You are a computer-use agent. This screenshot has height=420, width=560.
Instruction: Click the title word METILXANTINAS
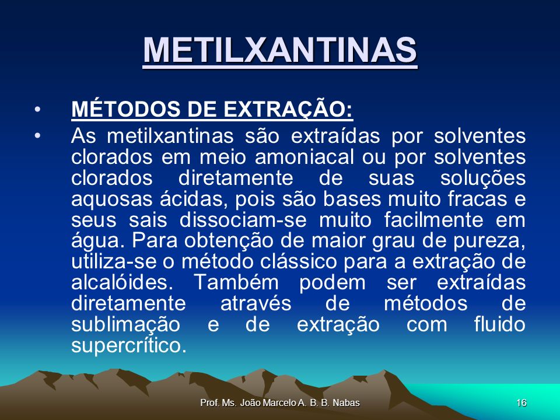pos(280,50)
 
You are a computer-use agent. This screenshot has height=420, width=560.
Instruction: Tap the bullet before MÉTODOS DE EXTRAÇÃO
pos(37,109)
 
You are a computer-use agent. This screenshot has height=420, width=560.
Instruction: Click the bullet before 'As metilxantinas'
pos(37,136)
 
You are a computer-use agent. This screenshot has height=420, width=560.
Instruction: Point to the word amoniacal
pos(304,157)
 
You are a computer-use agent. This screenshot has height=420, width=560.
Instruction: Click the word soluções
pos(483,178)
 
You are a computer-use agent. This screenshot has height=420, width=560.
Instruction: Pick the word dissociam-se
pos(243,220)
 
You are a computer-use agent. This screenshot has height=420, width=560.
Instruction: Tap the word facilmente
pos(433,220)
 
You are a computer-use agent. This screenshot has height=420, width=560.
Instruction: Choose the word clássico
pos(298,262)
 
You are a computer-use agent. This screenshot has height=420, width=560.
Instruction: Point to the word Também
pos(236,282)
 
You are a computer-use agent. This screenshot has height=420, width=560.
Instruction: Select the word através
pos(256,303)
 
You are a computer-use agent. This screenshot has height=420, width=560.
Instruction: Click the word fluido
pos(500,324)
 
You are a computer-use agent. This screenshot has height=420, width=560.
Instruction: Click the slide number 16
pos(521,403)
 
